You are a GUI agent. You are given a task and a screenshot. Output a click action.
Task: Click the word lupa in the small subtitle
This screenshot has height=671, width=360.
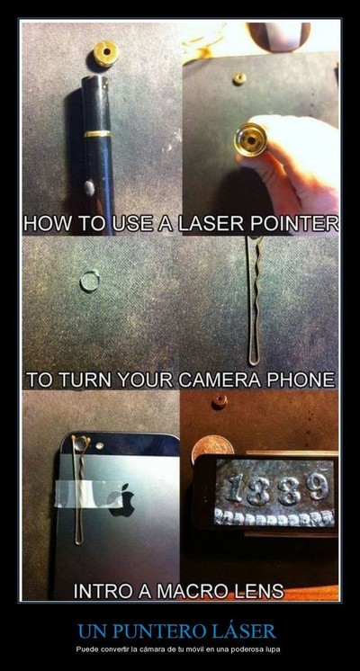pos(274,650)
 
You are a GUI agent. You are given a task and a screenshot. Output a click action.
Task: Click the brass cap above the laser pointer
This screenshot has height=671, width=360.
pos(105,53)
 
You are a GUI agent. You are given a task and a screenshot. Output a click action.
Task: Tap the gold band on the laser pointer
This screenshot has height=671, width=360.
pos(97,134)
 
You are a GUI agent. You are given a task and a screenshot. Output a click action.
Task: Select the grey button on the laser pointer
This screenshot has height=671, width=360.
pos(90,187)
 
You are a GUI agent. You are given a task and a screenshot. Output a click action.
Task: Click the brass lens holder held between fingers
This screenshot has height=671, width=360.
pos(251,139)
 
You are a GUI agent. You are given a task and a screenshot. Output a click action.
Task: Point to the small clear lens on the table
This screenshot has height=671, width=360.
pos(89,282)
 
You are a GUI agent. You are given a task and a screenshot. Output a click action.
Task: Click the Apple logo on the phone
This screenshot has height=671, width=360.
pos(123,499)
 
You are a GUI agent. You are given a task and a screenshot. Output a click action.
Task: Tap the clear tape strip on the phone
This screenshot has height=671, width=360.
pos(90,493)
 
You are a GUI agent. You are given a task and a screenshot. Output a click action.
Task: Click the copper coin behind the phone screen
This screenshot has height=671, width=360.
pos(212,446)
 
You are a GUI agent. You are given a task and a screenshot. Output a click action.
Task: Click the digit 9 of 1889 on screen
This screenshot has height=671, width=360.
pos(316,487)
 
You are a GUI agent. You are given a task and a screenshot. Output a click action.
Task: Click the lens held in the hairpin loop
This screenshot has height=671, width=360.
pos(80,443)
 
